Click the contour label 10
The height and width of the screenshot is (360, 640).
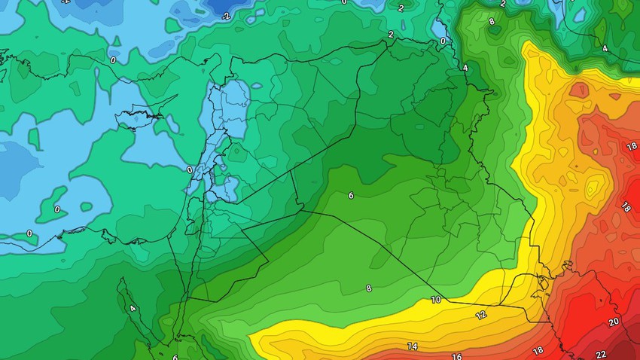(435, 300)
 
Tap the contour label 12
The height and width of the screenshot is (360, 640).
(480, 314)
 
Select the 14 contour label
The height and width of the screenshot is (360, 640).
(412, 346)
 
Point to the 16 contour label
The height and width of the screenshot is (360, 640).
(456, 356)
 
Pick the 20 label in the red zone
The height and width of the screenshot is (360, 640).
(614, 322)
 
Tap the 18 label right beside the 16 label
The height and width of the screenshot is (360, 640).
(537, 351)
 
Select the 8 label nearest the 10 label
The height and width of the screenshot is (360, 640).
(368, 288)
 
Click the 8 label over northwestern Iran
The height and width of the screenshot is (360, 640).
(492, 22)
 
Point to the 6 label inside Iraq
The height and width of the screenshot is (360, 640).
(351, 195)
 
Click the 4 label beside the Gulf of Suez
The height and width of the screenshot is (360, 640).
(133, 308)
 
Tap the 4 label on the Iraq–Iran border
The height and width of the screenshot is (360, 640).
(465, 68)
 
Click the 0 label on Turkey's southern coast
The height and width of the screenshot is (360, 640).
(113, 59)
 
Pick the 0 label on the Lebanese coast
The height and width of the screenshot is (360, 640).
(189, 170)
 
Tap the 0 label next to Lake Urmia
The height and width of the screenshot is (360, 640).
(443, 41)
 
